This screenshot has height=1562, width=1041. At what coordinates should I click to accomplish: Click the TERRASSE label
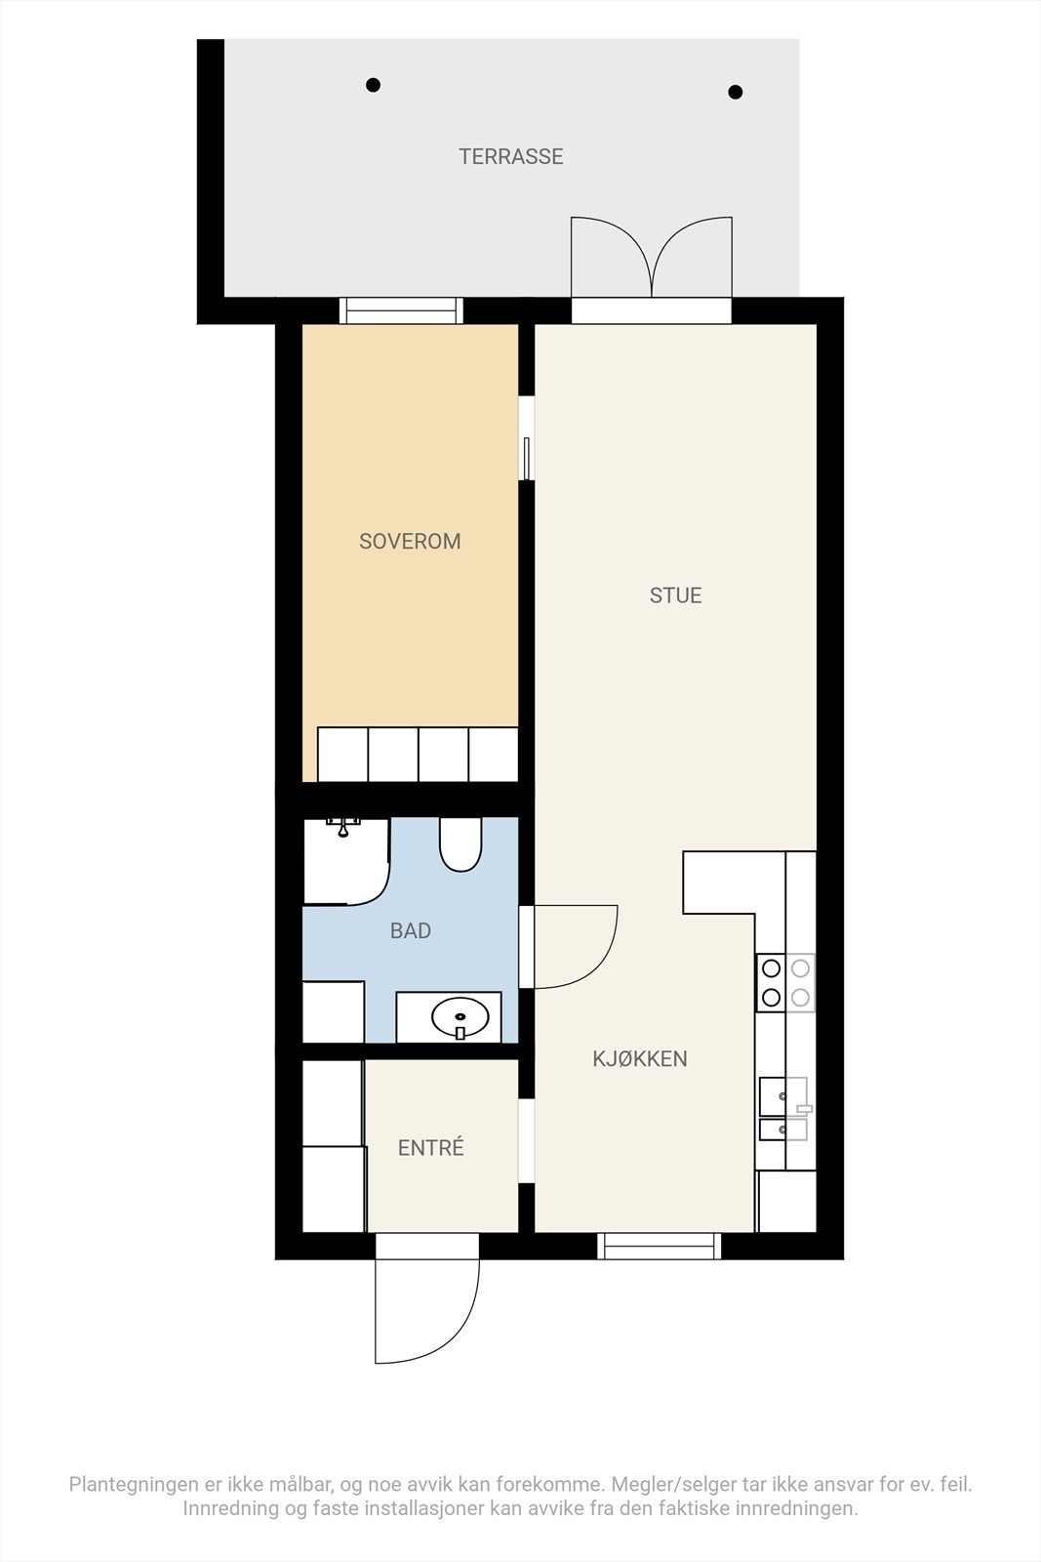click(511, 156)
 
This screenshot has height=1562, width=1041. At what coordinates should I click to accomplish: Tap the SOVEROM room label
click(410, 541)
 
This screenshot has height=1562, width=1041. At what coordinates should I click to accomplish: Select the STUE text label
click(675, 596)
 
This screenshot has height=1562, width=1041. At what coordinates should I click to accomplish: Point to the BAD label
click(411, 931)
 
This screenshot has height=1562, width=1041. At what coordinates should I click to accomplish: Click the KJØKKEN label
click(640, 1059)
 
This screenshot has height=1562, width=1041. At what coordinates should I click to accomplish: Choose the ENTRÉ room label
click(430, 1147)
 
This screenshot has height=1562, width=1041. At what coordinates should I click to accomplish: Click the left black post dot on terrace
click(374, 85)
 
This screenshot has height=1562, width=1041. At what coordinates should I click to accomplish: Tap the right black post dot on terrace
click(735, 92)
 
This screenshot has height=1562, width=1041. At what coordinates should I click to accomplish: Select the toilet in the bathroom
click(460, 844)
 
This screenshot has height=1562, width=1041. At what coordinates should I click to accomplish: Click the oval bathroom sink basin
click(460, 1017)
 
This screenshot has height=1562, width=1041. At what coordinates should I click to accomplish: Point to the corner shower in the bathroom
click(346, 862)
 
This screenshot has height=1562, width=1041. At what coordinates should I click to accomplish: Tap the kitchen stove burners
click(785, 982)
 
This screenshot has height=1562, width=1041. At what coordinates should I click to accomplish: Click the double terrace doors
click(652, 257)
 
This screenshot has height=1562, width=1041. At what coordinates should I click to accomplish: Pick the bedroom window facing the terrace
click(401, 310)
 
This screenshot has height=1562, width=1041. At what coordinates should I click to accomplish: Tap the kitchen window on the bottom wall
click(660, 1246)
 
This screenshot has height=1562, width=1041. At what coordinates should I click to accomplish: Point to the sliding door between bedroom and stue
click(527, 438)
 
